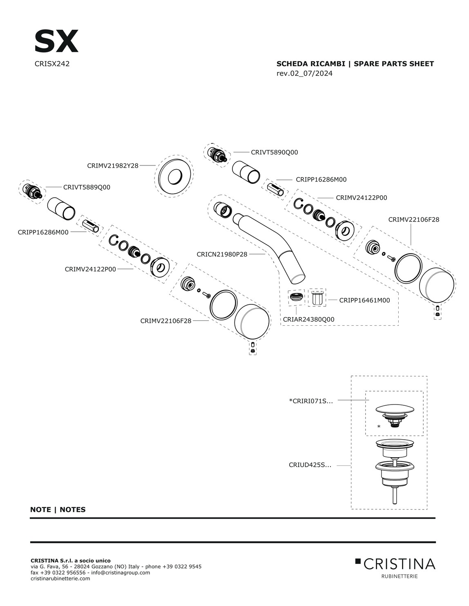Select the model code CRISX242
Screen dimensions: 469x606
(x=52, y=64)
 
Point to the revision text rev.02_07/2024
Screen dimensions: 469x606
(x=304, y=73)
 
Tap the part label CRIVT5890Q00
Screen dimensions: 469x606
(x=274, y=152)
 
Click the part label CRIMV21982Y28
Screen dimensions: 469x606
(x=113, y=165)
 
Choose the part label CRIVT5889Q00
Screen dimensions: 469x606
(x=87, y=187)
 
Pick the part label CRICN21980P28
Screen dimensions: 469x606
(x=222, y=254)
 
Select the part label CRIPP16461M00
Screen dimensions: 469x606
(x=364, y=300)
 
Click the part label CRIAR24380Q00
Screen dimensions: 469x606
(x=308, y=319)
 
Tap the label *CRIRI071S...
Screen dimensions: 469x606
(x=311, y=401)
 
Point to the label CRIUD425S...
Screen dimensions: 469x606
(x=310, y=465)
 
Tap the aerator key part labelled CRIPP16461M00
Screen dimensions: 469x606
(x=317, y=297)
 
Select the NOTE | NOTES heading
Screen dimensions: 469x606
(x=58, y=510)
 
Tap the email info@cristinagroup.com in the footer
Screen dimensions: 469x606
(x=121, y=572)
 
